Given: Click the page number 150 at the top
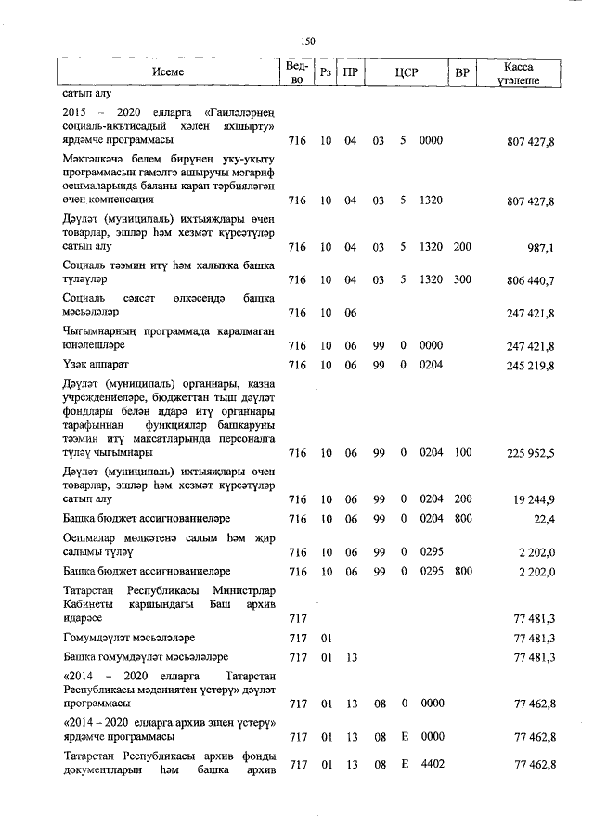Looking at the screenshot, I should pos(308,40).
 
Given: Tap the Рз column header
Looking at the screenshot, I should pos(325,72).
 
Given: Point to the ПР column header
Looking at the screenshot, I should pos(351,72).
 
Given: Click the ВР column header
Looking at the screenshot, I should pos(461,72).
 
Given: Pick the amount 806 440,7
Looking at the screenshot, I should pos(530,279).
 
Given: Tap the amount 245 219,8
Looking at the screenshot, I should pos(530,366).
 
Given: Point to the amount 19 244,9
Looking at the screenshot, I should pos(533,499).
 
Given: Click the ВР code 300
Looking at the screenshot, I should pos(462,279).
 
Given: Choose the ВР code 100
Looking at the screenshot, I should pos(462,453).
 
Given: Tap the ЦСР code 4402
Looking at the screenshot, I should pos(431,765).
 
